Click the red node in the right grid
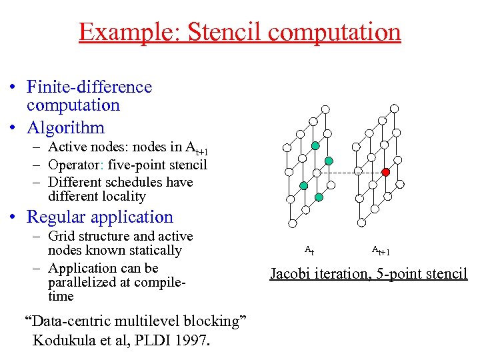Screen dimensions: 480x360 [x=385, y=172]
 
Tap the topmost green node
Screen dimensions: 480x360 [x=315, y=145]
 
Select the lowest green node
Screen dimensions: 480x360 [x=319, y=197]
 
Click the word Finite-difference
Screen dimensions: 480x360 [x=89, y=87]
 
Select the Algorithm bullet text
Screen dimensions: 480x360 [x=66, y=127]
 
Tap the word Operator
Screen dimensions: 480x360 [x=78, y=165]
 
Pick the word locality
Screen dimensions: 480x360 [x=123, y=196]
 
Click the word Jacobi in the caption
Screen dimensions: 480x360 [x=292, y=273]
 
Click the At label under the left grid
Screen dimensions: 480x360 [x=309, y=251]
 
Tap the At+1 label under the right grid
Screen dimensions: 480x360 [x=381, y=251]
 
